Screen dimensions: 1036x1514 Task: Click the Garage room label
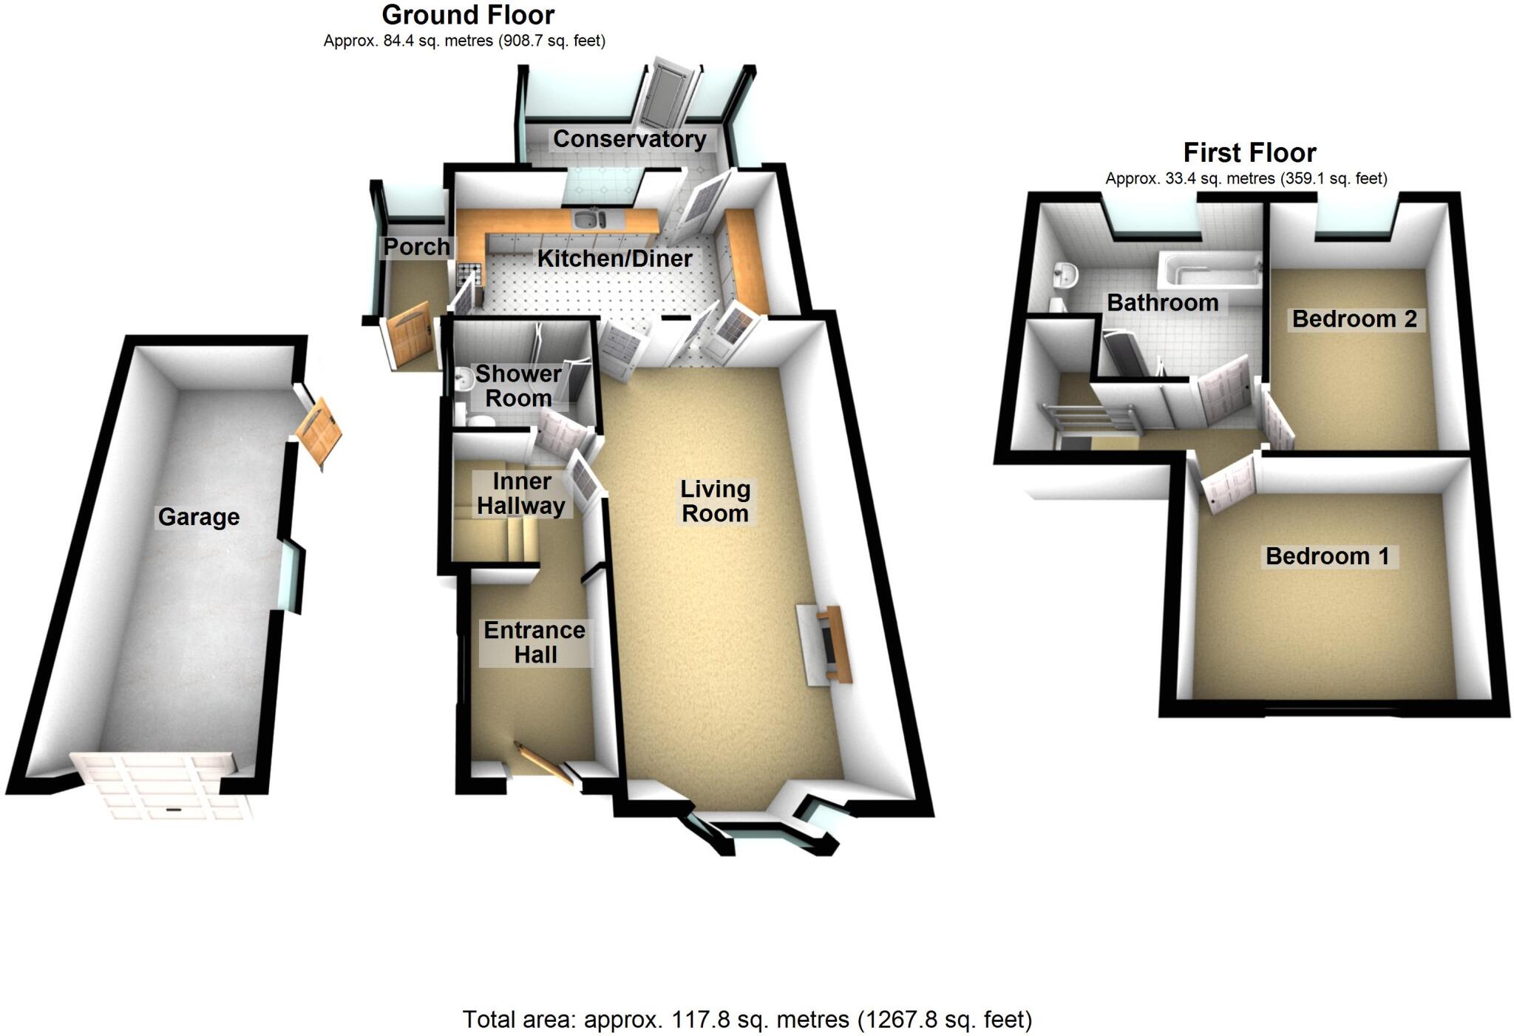[198, 517]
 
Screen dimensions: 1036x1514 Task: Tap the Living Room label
[715, 501]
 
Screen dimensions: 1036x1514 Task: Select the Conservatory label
[629, 139]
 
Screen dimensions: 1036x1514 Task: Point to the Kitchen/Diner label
[614, 259]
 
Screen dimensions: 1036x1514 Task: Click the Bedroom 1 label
[1328, 556]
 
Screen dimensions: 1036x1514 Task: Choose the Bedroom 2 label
[1354, 319]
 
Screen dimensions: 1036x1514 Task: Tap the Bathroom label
[1162, 302]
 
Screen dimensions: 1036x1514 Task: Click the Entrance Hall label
[534, 643]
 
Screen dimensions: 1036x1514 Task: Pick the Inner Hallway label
[521, 494]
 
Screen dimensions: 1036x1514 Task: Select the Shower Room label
[518, 386]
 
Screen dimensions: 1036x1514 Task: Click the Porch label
[416, 247]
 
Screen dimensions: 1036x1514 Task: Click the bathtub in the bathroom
[1209, 271]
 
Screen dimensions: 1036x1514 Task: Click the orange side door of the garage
[320, 433]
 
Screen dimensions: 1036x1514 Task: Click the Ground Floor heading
[468, 15]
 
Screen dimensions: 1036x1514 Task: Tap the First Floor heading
[1249, 153]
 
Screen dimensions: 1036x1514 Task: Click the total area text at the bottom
[747, 1020]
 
